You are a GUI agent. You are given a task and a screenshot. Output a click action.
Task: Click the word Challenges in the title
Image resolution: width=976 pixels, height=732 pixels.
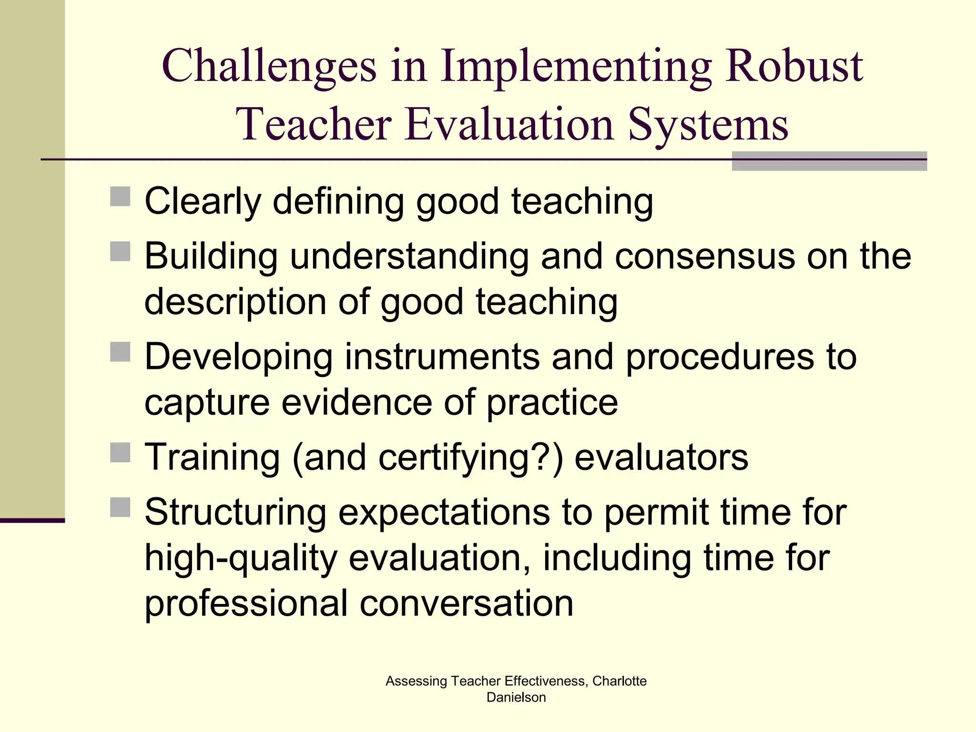pyautogui.click(x=269, y=67)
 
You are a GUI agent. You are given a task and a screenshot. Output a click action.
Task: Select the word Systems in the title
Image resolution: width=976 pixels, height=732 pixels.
pyautogui.click(x=708, y=125)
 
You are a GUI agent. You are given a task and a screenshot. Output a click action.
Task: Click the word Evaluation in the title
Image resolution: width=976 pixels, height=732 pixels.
pyautogui.click(x=509, y=125)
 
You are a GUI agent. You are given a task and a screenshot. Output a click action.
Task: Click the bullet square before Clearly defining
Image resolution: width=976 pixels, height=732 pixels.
pyautogui.click(x=120, y=196)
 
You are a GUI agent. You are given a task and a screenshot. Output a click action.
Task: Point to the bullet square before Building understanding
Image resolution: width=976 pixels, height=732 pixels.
pyautogui.click(x=120, y=251)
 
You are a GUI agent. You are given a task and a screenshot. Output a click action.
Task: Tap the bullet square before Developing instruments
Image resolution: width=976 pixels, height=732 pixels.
pyautogui.click(x=120, y=352)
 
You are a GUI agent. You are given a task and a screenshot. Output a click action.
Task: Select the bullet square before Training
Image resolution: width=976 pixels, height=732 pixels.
pyautogui.click(x=120, y=452)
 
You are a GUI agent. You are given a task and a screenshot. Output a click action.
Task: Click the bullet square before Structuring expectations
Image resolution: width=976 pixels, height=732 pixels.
pyautogui.click(x=120, y=507)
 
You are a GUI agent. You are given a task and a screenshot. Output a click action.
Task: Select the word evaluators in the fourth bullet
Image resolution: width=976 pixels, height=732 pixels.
pyautogui.click(x=661, y=458)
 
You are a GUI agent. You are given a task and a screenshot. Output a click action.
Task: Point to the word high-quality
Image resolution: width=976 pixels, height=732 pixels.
pyautogui.click(x=241, y=559)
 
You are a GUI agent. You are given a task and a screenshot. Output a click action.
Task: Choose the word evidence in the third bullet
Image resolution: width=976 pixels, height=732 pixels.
pyautogui.click(x=356, y=403)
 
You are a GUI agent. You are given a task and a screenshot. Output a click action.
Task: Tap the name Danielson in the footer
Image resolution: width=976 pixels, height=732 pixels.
pyautogui.click(x=516, y=697)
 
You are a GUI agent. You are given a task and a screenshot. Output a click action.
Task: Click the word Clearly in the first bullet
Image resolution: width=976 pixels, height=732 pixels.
pyautogui.click(x=203, y=202)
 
